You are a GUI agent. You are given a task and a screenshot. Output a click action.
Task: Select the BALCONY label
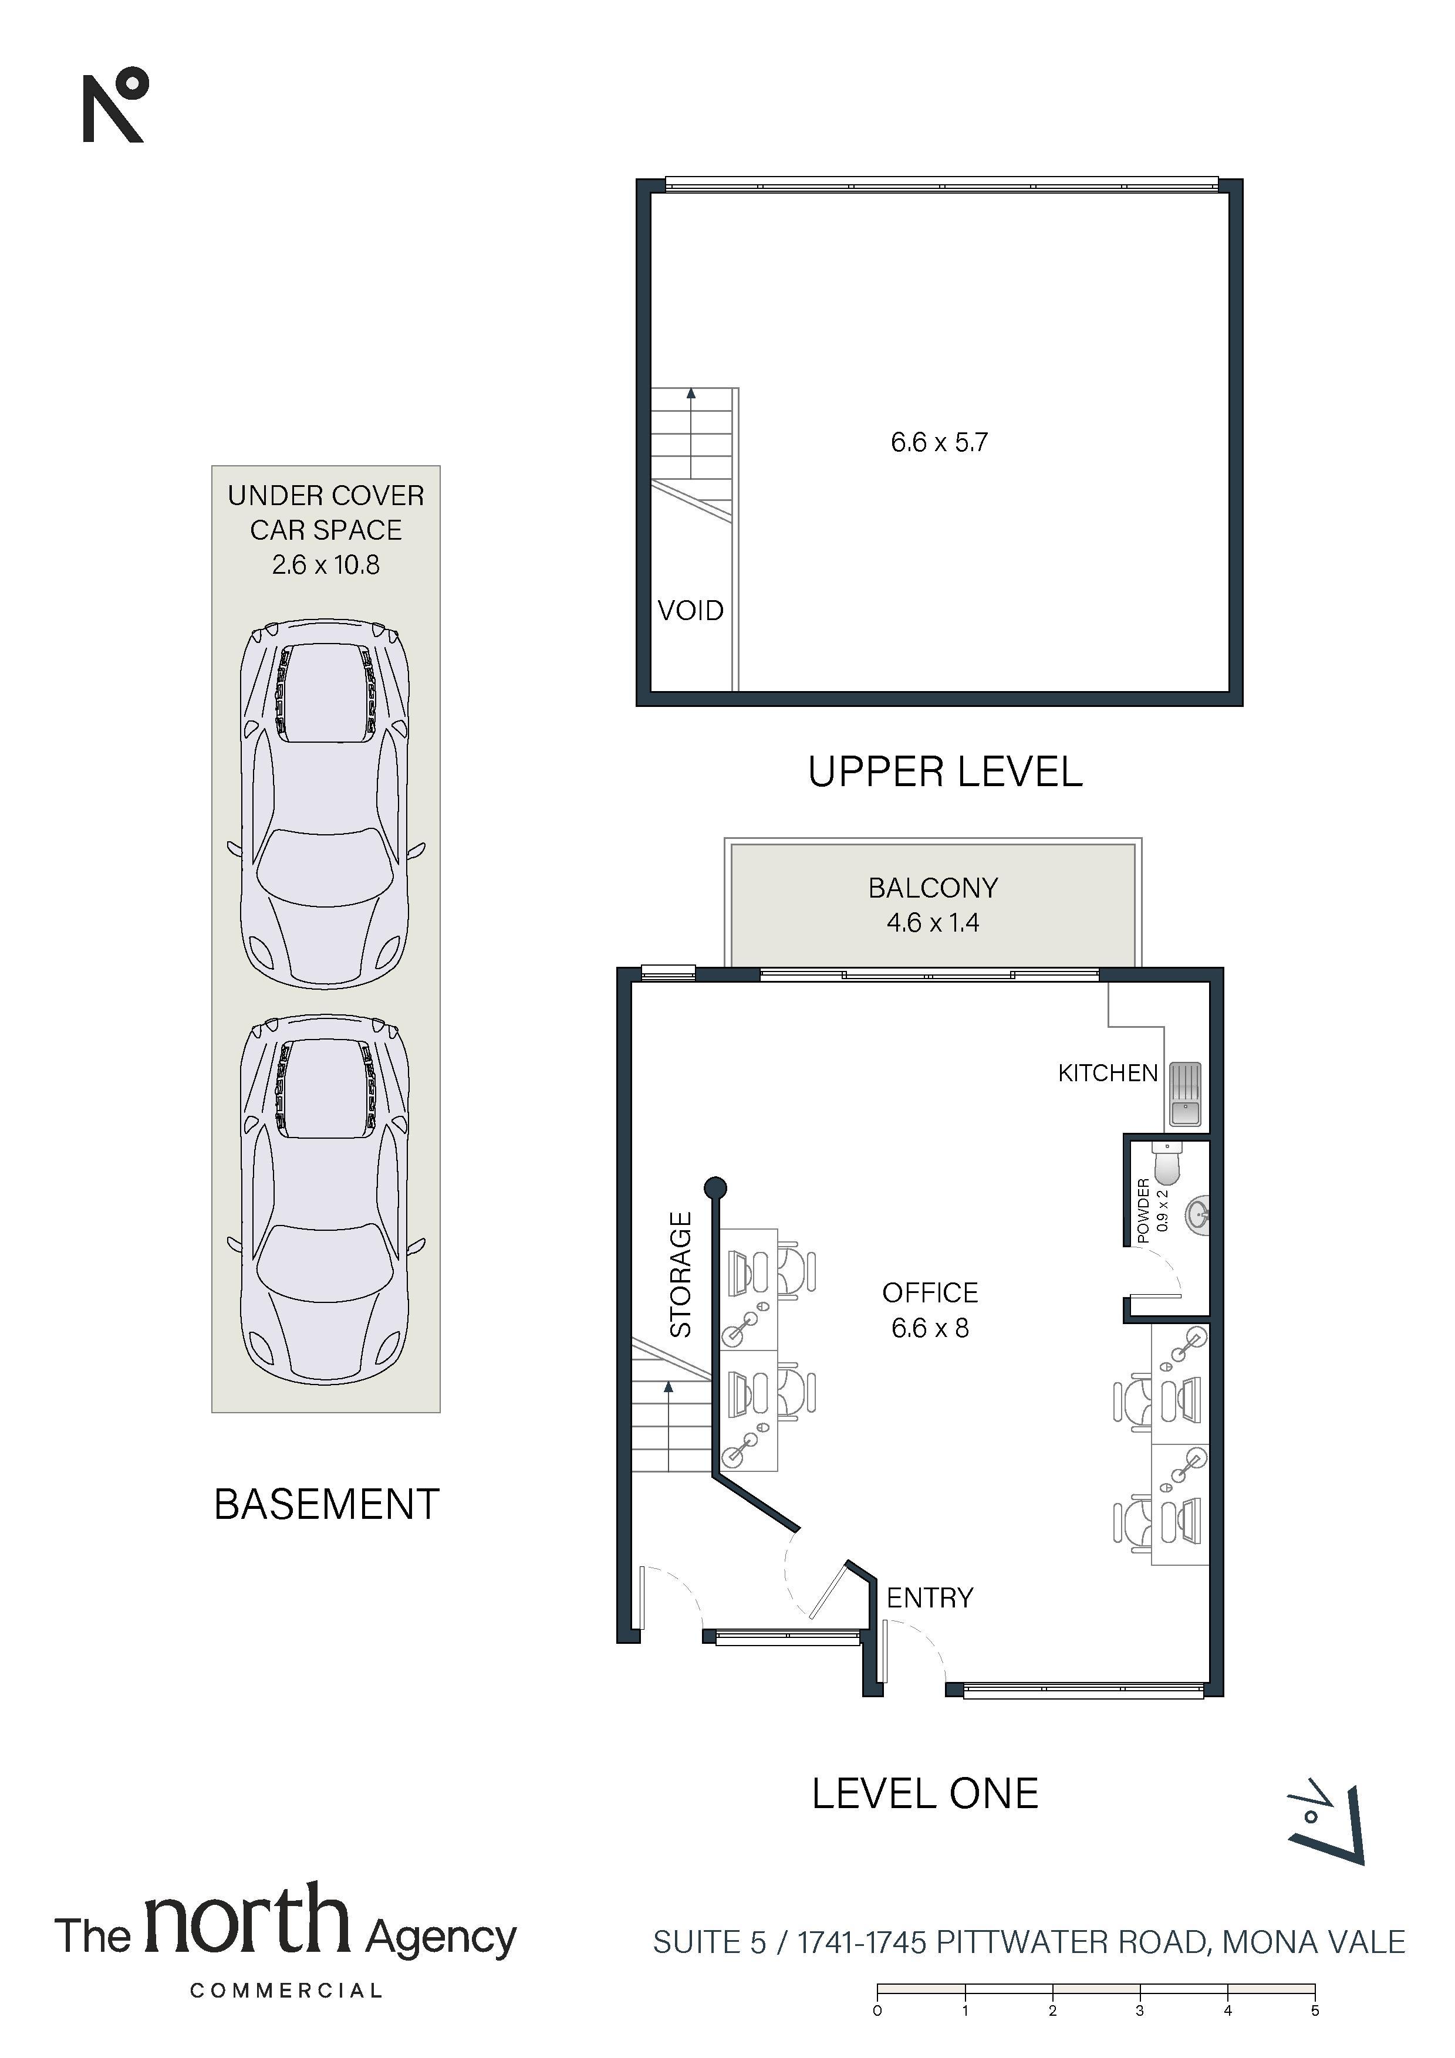pyautogui.click(x=933, y=888)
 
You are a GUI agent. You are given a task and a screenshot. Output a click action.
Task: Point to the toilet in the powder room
pyautogui.click(x=1169, y=1163)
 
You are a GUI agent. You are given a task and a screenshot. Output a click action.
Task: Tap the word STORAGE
pyautogui.click(x=681, y=1275)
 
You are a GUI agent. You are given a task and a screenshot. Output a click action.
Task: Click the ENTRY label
pyautogui.click(x=930, y=1597)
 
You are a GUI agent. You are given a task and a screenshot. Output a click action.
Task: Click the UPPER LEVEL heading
pyautogui.click(x=945, y=773)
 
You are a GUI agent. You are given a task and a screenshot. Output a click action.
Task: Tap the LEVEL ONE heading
pyautogui.click(x=925, y=1793)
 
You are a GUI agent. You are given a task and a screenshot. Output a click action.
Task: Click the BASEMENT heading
pyautogui.click(x=326, y=1504)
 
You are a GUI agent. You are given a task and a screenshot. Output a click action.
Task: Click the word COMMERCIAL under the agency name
pyautogui.click(x=286, y=1991)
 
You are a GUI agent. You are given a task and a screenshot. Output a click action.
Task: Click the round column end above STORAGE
pyautogui.click(x=714, y=1189)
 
